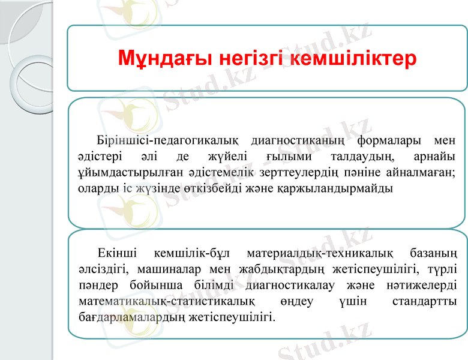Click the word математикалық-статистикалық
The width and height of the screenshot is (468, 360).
tap(167, 299)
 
